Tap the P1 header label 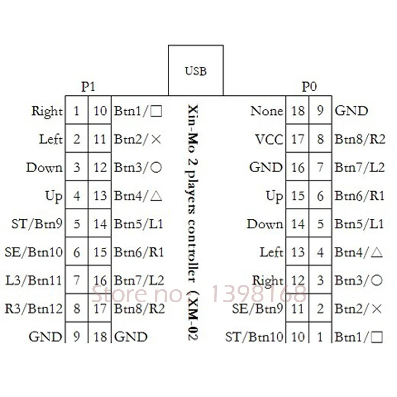[x=88, y=87]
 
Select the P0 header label [x=309, y=87]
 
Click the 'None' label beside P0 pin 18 [x=266, y=111]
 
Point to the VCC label [x=269, y=139]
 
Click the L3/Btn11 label [x=34, y=280]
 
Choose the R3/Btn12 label [x=34, y=309]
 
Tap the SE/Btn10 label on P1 [x=34, y=252]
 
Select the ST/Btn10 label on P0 [x=254, y=337]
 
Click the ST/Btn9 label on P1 [x=37, y=224]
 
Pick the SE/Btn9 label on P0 [x=258, y=309]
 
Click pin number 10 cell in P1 [x=100, y=110]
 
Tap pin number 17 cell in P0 [x=297, y=138]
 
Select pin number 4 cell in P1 [x=77, y=195]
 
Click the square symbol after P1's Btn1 [x=156, y=111]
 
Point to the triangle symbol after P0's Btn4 [x=377, y=253]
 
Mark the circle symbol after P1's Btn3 [x=156, y=167]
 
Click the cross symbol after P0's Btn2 [x=377, y=309]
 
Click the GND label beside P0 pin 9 [x=351, y=111]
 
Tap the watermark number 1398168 [x=259, y=294]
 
